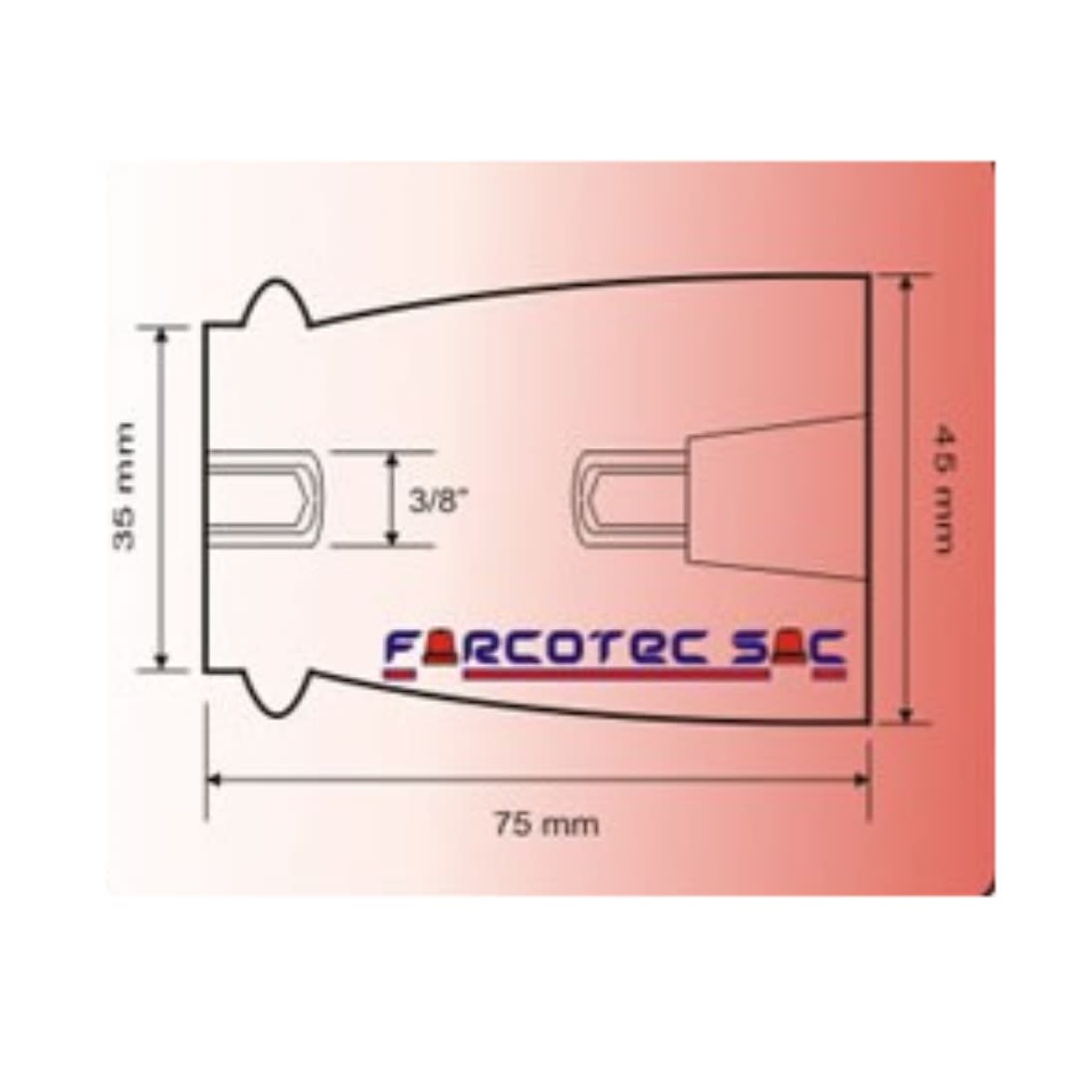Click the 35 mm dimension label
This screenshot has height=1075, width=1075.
pyautogui.click(x=123, y=487)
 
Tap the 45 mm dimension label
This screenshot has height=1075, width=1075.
pyautogui.click(x=943, y=489)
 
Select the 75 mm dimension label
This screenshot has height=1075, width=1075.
pyautogui.click(x=546, y=824)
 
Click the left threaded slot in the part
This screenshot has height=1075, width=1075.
pyautogui.click(x=263, y=497)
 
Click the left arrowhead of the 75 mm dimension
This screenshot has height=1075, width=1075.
pyautogui.click(x=213, y=779)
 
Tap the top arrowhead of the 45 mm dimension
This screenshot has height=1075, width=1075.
pyautogui.click(x=905, y=285)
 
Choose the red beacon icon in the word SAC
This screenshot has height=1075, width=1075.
pyautogui.click(x=788, y=650)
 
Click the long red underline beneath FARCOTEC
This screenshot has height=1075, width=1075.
pyautogui.click(x=617, y=674)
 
